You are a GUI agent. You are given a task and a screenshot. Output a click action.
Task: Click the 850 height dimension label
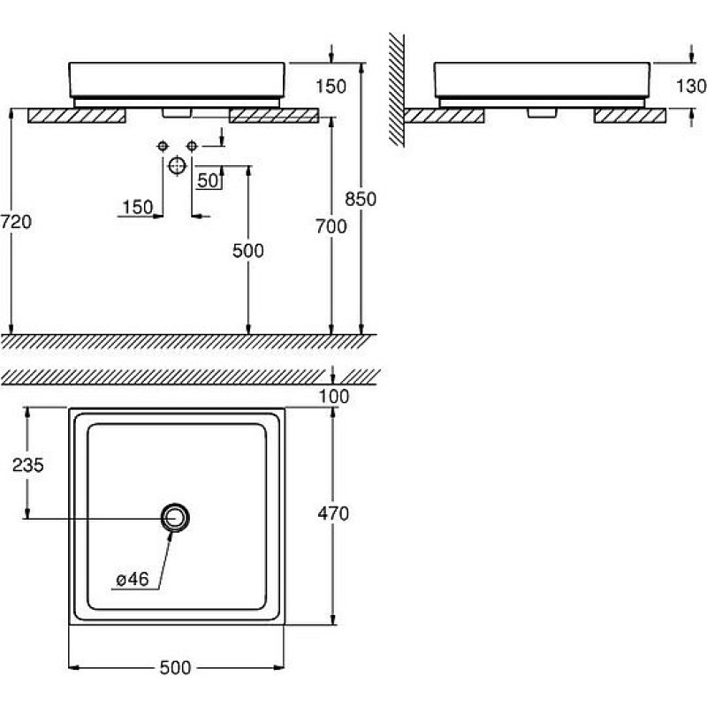pyautogui.click(x=361, y=199)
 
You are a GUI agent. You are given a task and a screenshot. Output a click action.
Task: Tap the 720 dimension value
pyautogui.click(x=16, y=222)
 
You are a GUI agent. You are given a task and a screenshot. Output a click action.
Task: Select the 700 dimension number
pyautogui.click(x=331, y=226)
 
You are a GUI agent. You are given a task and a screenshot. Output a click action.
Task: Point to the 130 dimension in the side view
pyautogui.click(x=691, y=86)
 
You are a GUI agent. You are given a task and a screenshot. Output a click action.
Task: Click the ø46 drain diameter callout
pyautogui.click(x=133, y=580)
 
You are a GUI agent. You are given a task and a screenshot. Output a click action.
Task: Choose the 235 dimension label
pyautogui.click(x=28, y=465)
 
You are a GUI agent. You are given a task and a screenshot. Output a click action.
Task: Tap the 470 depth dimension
pyautogui.click(x=333, y=513)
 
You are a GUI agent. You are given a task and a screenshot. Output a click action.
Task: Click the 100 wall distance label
pyautogui.click(x=334, y=397)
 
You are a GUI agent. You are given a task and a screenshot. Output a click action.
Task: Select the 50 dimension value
pyautogui.click(x=208, y=181)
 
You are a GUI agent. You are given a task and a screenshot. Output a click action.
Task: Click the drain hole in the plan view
pyautogui.click(x=175, y=518)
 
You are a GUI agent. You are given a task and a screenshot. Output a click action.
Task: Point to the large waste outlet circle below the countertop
pyautogui.click(x=178, y=166)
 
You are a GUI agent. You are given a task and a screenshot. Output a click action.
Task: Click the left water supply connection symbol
pyautogui.click(x=163, y=146)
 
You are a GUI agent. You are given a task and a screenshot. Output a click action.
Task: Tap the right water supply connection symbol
pyautogui.click(x=192, y=146)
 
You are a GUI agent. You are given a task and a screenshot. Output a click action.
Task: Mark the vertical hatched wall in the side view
pyautogui.click(x=397, y=89)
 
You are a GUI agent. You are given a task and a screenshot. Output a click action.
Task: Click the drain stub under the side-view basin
pyautogui.click(x=542, y=113)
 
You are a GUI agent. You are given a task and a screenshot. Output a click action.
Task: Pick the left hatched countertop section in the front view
pyautogui.click(x=77, y=116)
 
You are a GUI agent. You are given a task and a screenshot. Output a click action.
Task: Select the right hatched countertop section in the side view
pyautogui.click(x=630, y=116)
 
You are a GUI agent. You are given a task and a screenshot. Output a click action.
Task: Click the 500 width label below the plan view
pyautogui.click(x=175, y=668)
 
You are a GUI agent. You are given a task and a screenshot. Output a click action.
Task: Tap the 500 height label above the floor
pyautogui.click(x=248, y=251)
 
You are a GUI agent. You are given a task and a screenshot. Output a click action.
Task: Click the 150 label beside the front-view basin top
pyautogui.click(x=331, y=86)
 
